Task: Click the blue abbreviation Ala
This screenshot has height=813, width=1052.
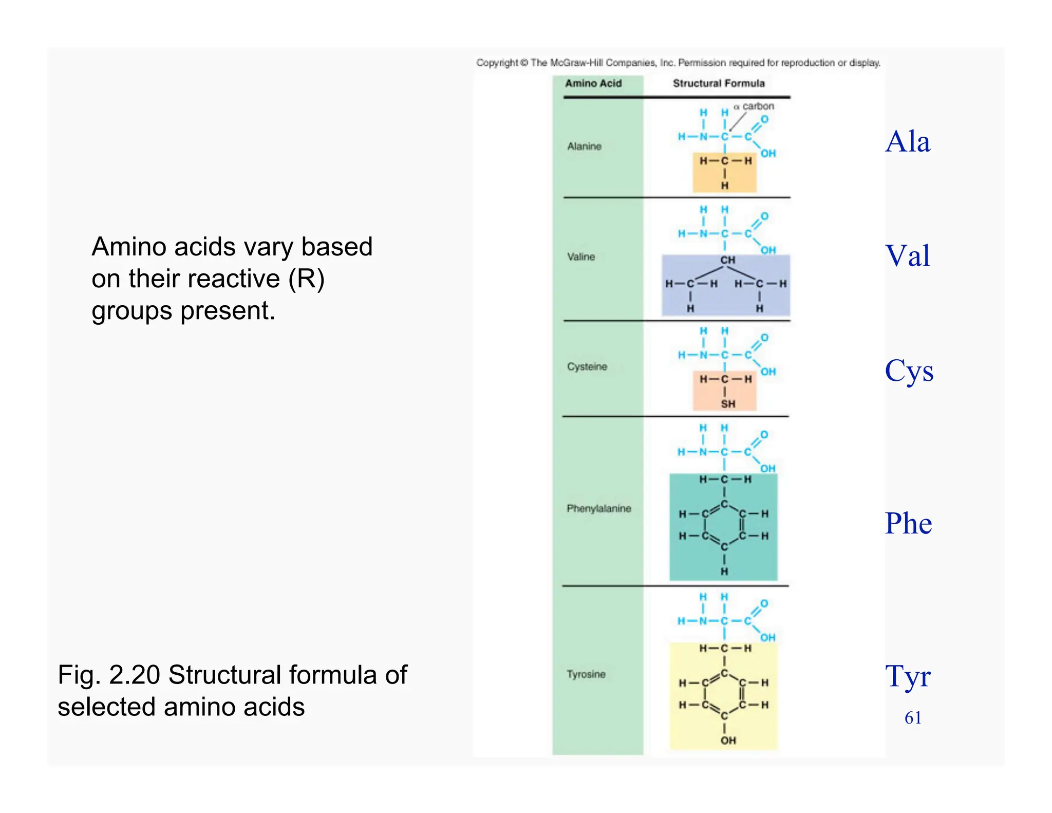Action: point(908,142)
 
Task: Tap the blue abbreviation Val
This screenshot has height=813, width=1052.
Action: point(908,255)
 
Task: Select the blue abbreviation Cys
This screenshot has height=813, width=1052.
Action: point(909,371)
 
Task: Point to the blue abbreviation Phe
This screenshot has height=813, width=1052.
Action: point(908,523)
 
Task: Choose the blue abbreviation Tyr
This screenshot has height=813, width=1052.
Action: point(908,676)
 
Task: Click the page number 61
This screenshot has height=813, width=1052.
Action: point(913,717)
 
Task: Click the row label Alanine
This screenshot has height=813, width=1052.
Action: point(584,146)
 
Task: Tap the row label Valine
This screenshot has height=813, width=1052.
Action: point(581,256)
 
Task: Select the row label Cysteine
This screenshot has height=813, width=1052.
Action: point(587,366)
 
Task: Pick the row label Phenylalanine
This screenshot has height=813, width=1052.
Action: point(598,508)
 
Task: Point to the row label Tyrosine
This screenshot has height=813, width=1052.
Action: point(586,674)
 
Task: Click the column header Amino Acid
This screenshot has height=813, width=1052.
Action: point(593,83)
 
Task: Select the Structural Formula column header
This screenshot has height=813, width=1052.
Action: point(718,83)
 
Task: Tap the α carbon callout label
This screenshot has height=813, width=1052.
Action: point(754,106)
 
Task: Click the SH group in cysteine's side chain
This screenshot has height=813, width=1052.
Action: point(727,404)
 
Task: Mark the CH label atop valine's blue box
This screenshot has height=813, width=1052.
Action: point(727,260)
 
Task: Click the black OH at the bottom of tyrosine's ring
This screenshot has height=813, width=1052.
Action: point(727,740)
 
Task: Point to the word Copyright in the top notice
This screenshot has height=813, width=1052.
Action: point(497,63)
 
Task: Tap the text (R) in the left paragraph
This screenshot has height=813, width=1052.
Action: point(306,279)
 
